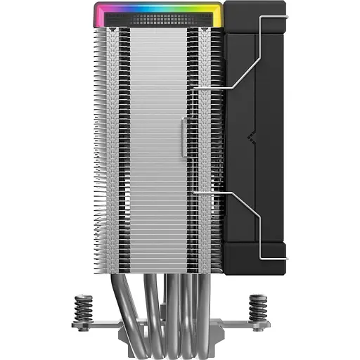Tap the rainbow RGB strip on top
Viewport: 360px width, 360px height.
point(158,9)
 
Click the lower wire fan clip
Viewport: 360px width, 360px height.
point(239,218)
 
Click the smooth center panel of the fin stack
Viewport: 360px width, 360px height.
point(158,141)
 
